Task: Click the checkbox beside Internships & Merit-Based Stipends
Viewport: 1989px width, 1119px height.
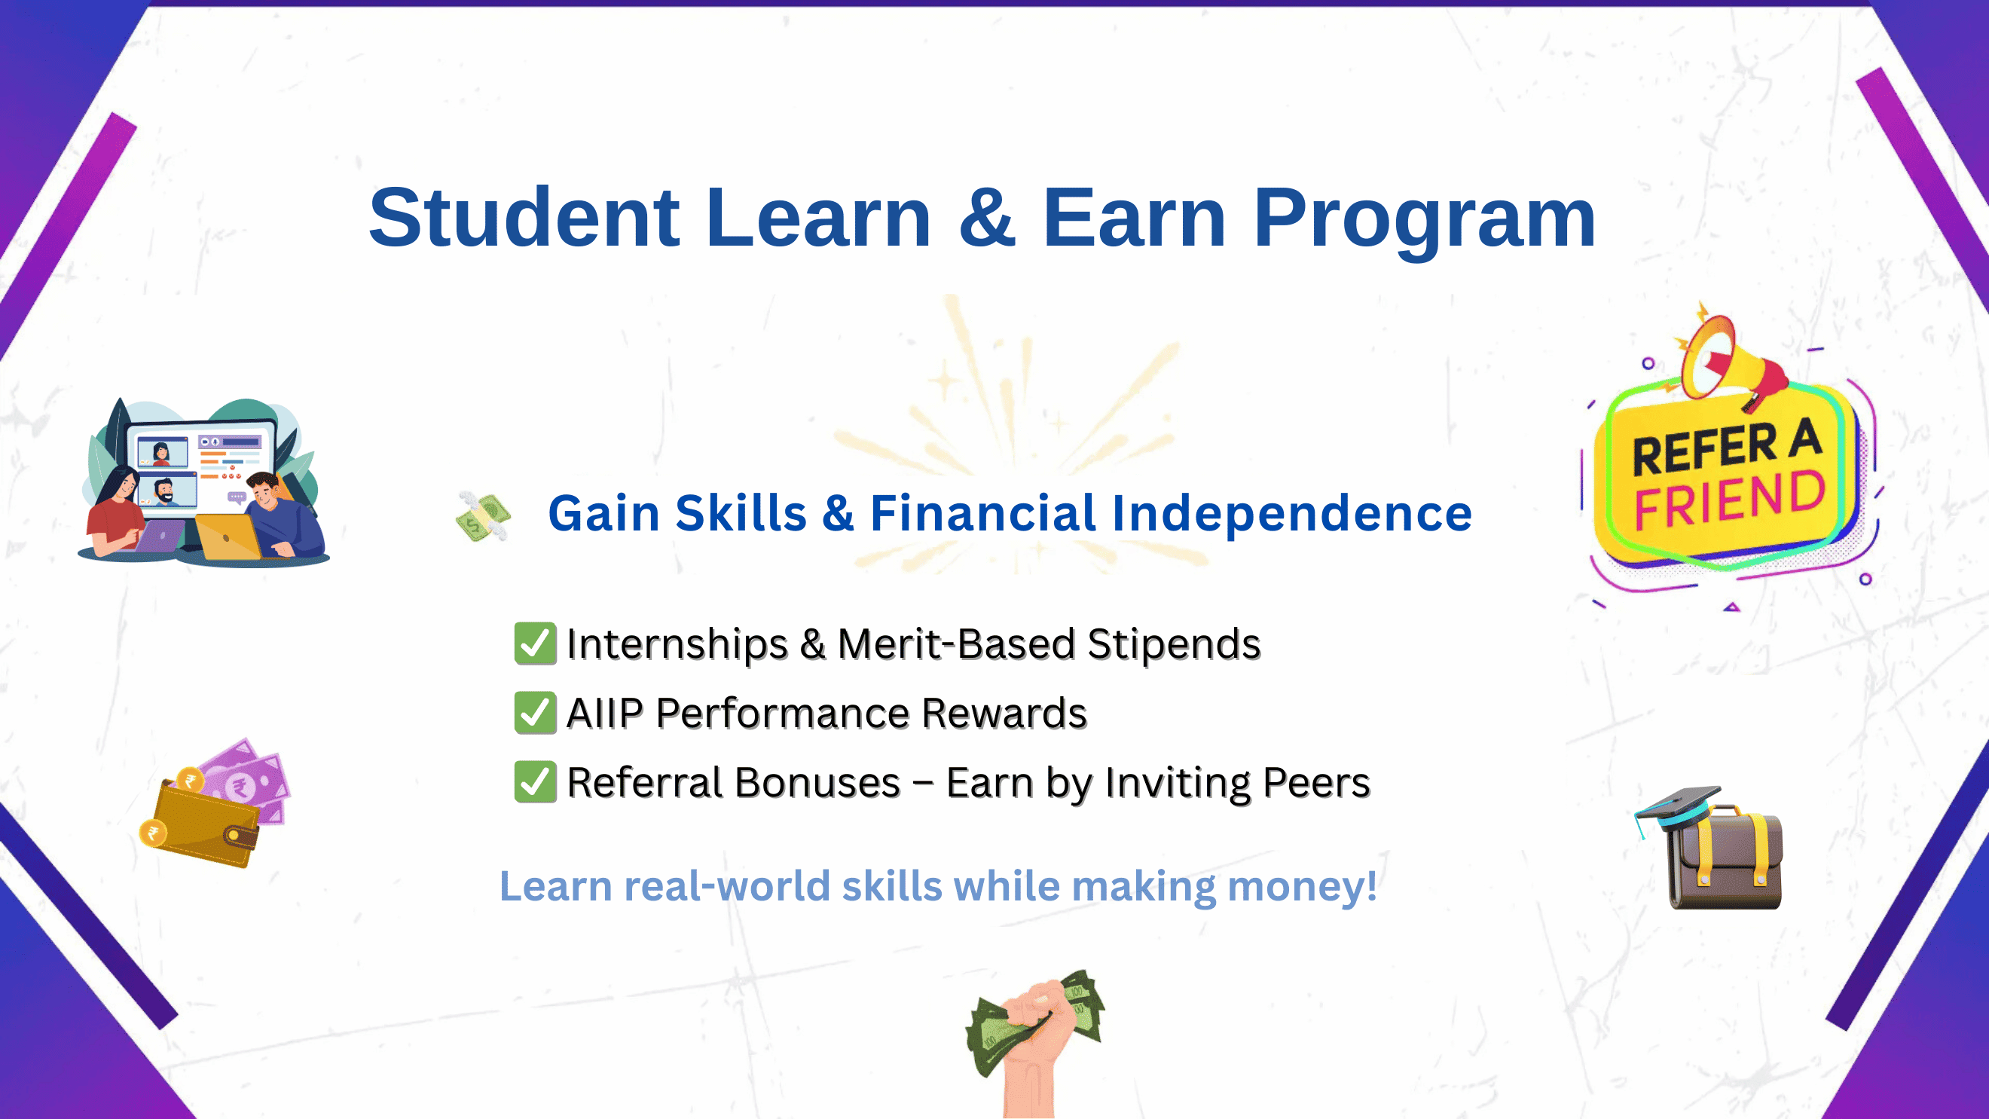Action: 535,644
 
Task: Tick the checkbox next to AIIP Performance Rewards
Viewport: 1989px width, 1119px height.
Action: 535,713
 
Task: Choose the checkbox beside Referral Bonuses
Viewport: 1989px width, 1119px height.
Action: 535,781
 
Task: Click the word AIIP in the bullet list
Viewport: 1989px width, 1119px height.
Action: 604,713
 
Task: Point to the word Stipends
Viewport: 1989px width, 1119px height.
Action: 1174,644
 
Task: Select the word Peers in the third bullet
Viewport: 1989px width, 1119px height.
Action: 1316,782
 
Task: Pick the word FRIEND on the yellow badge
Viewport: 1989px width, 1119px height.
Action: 1730,500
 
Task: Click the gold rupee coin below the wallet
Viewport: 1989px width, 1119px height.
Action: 153,833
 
